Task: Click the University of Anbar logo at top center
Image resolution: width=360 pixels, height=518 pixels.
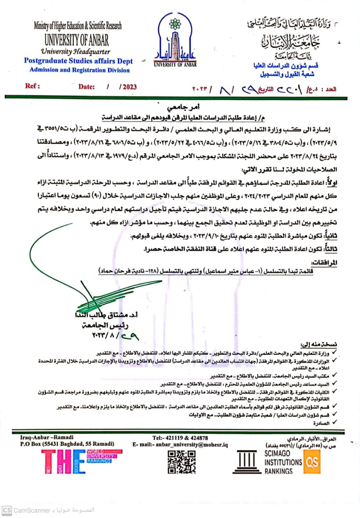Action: tap(175, 40)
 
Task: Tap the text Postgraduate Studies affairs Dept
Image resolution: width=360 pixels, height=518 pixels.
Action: tap(78, 62)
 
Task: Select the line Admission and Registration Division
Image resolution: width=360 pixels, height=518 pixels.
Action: tap(79, 70)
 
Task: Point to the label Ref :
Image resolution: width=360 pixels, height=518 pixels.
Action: tap(32, 86)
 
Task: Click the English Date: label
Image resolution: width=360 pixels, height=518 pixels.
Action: tap(87, 87)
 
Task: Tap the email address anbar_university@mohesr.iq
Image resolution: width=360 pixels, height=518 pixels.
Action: tap(180, 445)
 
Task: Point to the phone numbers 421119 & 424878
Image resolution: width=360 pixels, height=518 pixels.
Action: tap(180, 438)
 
